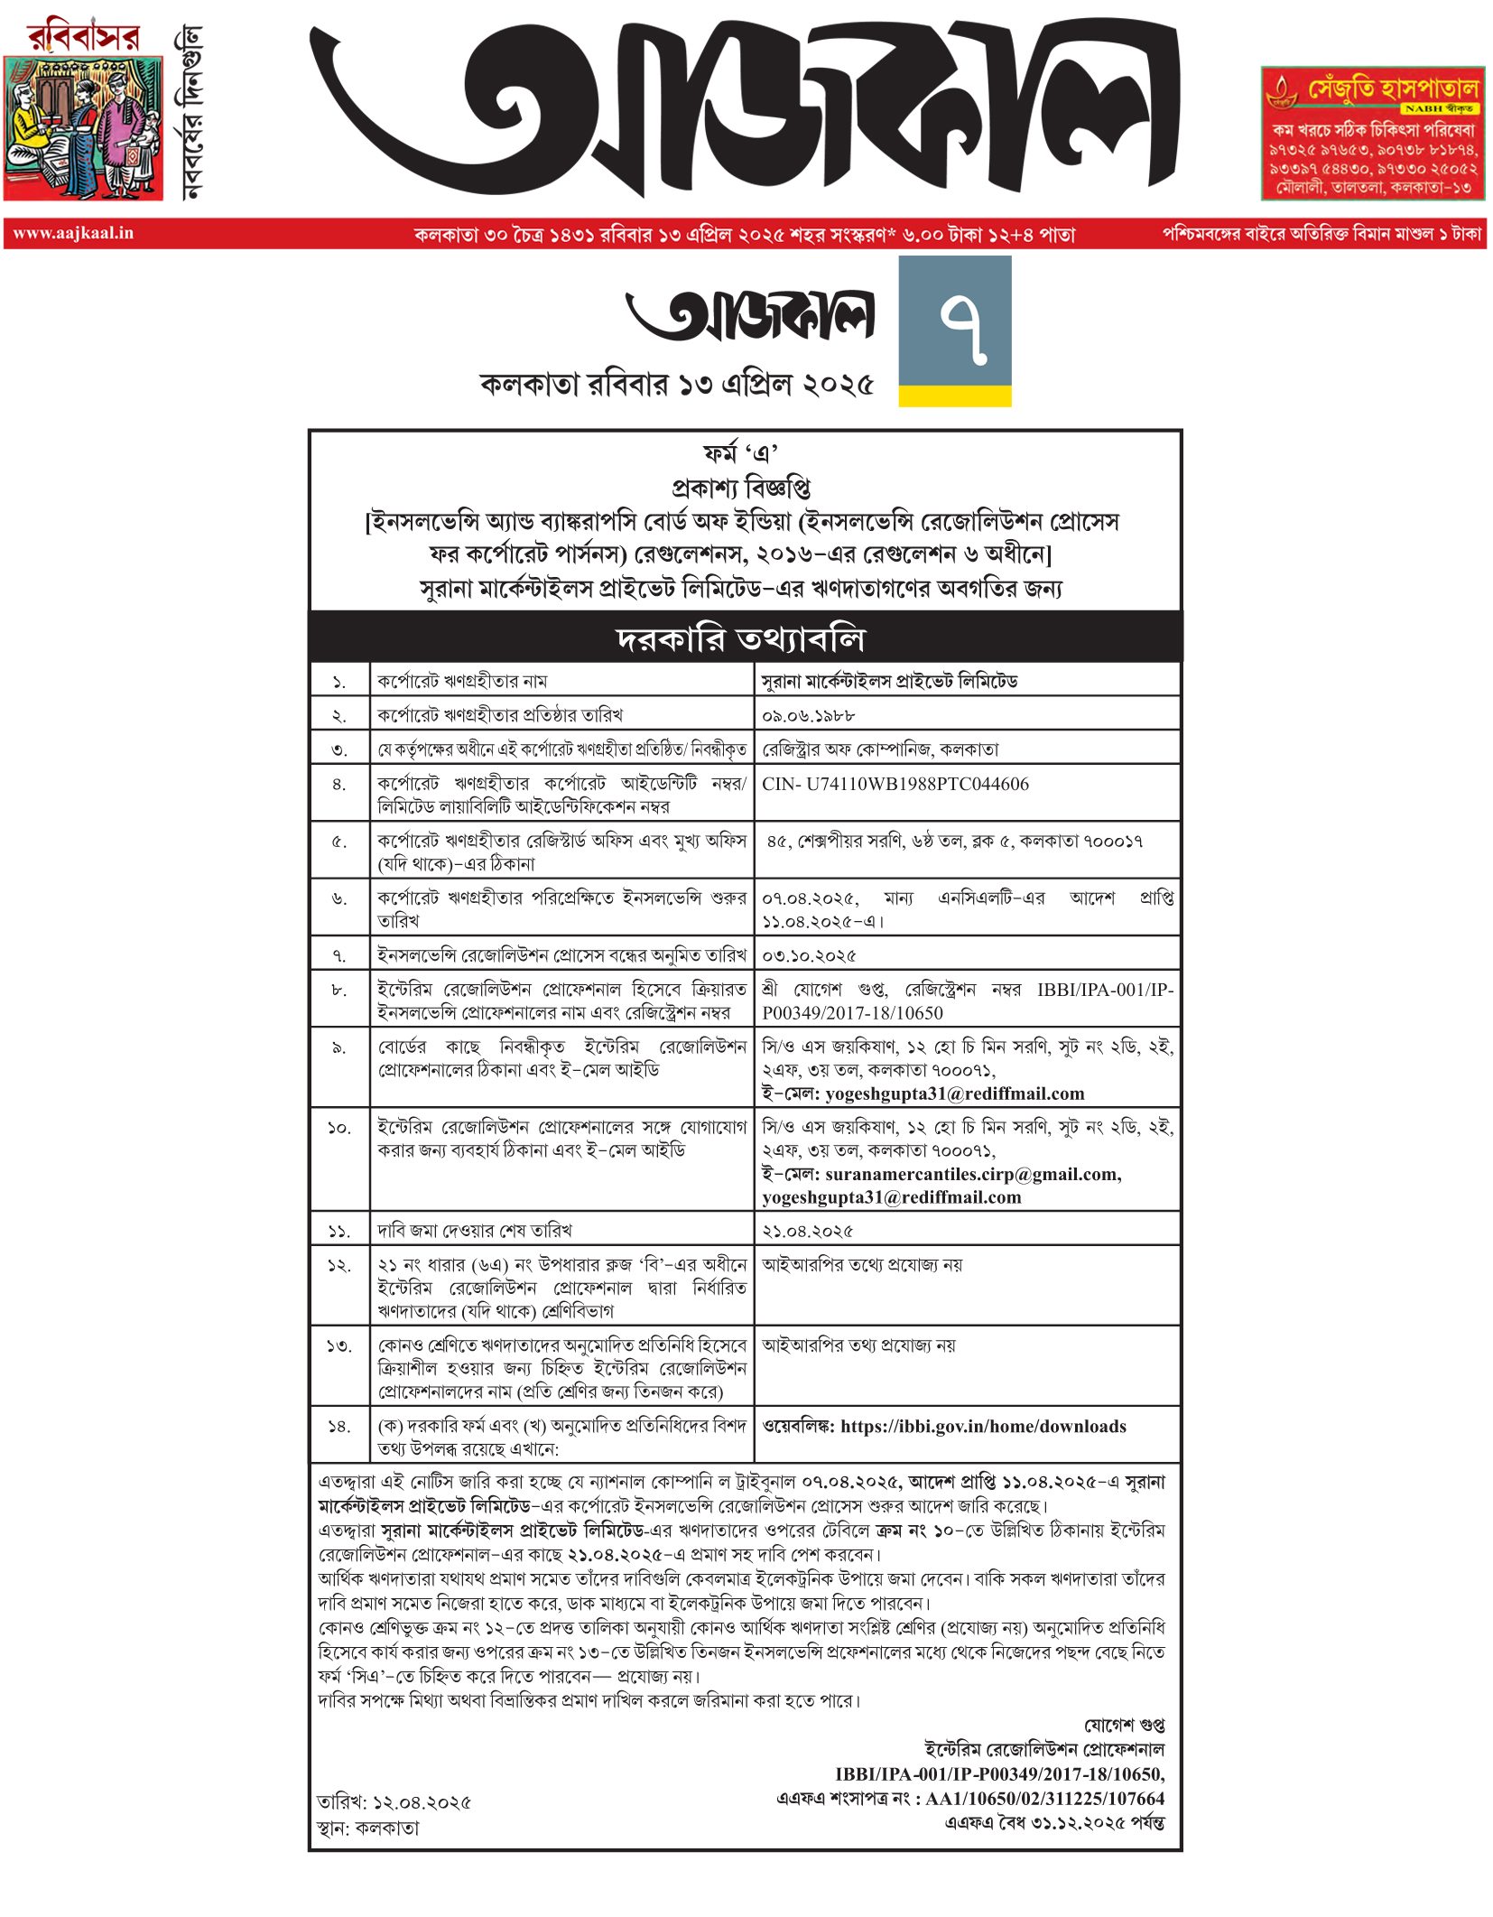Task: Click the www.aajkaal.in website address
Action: (x=73, y=233)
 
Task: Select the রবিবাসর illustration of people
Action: (x=83, y=128)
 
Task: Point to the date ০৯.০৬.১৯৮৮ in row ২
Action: (x=808, y=715)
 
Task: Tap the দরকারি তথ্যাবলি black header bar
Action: (x=745, y=638)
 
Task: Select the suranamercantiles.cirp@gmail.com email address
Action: (x=972, y=1174)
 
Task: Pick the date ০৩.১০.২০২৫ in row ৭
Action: (x=809, y=954)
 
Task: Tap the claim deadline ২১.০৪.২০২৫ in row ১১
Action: (x=807, y=1230)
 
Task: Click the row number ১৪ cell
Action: (x=339, y=1427)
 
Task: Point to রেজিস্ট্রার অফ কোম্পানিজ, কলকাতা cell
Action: (x=880, y=749)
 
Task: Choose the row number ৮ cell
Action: (x=339, y=990)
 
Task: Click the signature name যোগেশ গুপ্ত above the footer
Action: (x=1124, y=1725)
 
